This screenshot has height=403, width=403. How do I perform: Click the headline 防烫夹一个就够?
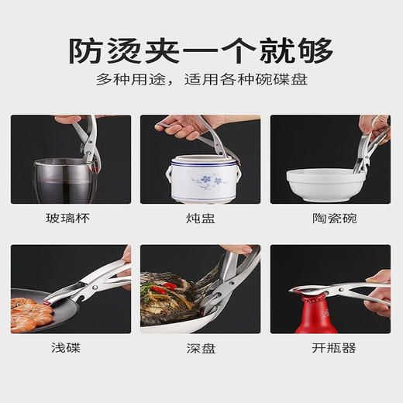pos(201,51)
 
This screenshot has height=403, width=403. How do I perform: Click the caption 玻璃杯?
pos(71,219)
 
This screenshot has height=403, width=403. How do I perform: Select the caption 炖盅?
pos(201,219)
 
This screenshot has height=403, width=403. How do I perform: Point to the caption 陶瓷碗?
pos(331,219)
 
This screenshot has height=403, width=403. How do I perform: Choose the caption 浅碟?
pos(71,349)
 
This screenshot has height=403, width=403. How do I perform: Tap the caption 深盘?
pos(201,349)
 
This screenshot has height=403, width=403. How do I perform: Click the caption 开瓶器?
pos(331,349)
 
